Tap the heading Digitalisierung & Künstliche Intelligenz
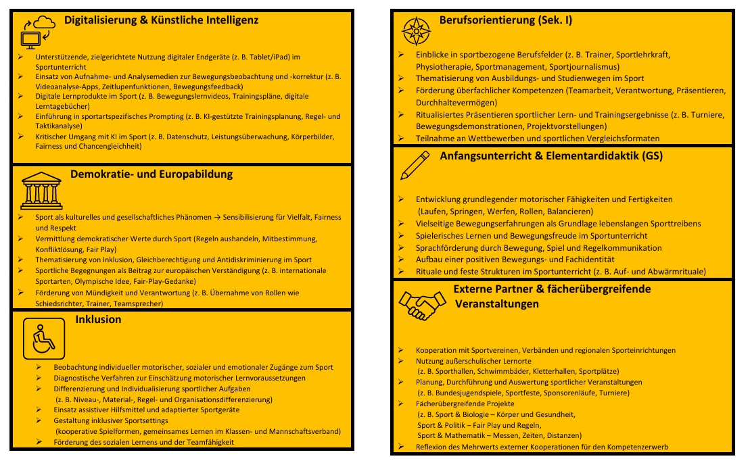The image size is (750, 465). point(161,20)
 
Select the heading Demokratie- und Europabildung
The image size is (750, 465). point(151,174)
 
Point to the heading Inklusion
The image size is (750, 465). point(99,319)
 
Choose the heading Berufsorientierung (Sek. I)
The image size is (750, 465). point(506,20)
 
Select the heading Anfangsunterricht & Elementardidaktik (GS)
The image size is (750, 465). point(551,155)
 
